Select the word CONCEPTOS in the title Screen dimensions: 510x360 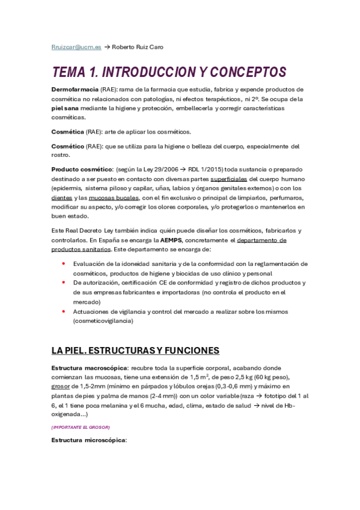(243, 73)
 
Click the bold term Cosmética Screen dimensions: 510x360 (68, 131)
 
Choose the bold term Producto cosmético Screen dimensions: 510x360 (82, 169)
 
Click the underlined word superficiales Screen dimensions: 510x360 (228, 179)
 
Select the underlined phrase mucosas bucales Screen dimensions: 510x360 (115, 197)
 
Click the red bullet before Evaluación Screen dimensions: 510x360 (64, 264)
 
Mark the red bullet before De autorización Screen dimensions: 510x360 (64, 283)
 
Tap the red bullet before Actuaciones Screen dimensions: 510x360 (64, 312)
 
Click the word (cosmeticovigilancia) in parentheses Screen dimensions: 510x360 (103, 321)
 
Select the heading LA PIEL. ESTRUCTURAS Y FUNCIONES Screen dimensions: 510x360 (135, 351)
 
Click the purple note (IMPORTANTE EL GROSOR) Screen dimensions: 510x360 (80, 427)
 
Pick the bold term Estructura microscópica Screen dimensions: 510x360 (89, 440)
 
